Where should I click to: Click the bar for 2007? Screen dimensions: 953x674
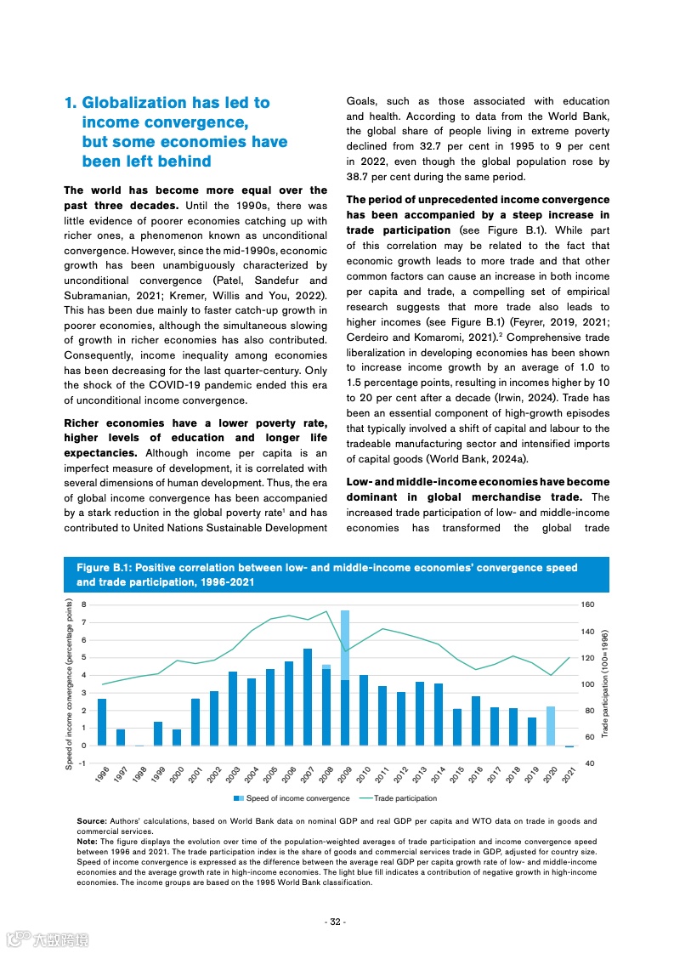308,697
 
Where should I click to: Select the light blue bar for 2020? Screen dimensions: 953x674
551,725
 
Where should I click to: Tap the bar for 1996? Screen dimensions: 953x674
102,722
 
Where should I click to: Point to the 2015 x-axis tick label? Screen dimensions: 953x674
457,774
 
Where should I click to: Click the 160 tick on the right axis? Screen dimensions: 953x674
587,604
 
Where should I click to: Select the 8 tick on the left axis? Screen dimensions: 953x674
84,604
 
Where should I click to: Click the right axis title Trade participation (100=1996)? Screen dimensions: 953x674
604,684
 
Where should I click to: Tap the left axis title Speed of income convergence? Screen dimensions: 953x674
69,684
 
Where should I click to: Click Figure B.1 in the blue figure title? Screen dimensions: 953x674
103,568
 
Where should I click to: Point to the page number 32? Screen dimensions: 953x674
336,922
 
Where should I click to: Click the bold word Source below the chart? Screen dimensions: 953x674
91,820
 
